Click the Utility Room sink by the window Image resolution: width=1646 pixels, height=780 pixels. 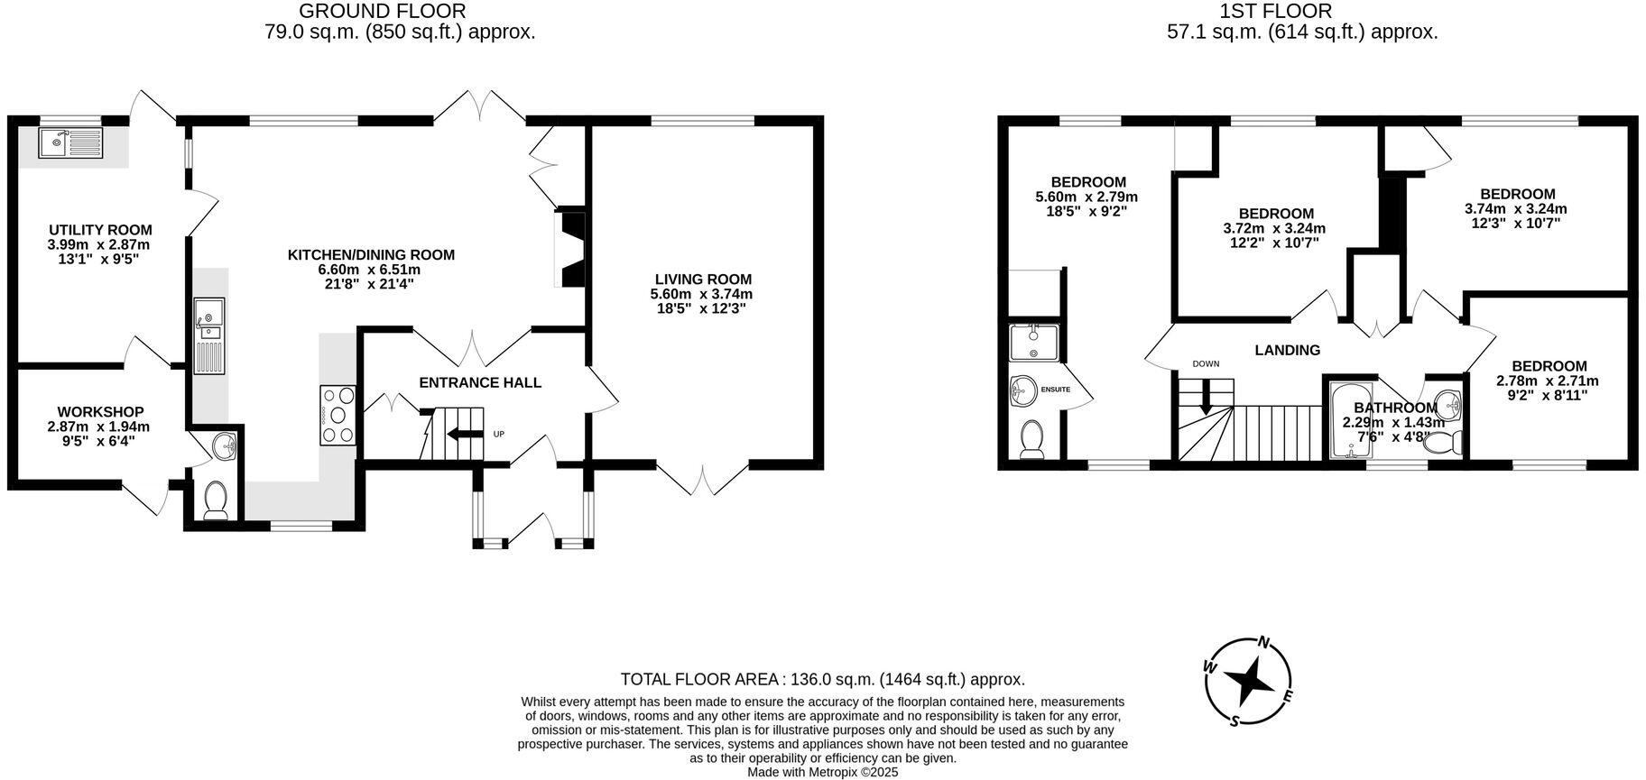point(71,142)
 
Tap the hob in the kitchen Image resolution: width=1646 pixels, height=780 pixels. point(338,416)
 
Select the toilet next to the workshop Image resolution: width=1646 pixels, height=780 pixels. point(217,501)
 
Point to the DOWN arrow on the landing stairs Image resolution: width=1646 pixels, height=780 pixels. point(1206,399)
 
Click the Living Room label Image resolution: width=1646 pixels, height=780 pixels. point(702,280)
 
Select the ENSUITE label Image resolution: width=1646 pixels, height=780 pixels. point(1055,390)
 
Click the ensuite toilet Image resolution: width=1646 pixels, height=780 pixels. point(1030,440)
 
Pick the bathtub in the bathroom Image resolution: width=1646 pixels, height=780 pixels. point(1350,420)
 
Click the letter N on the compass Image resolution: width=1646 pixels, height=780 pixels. point(1264,643)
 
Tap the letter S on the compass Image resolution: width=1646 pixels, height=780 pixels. point(1234,720)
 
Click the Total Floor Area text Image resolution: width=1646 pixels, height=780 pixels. point(822,679)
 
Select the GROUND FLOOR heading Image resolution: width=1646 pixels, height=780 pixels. point(382,12)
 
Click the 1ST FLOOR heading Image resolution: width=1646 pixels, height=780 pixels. point(1275,12)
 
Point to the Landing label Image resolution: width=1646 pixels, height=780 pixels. point(1287,350)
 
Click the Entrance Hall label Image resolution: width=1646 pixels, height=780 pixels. point(480,382)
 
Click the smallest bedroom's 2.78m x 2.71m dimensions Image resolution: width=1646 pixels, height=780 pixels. point(1549,381)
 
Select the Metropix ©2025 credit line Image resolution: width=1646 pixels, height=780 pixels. point(822,772)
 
